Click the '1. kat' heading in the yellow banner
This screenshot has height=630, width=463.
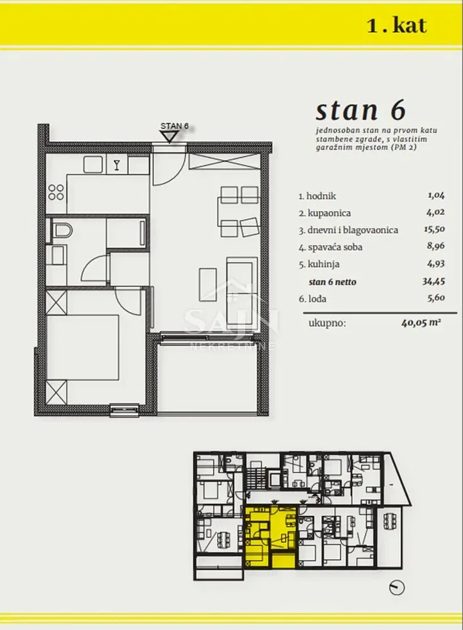396,26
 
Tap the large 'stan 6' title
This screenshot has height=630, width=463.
360,110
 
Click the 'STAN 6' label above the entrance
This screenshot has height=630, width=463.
174,125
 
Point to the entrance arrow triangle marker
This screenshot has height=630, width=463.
170,137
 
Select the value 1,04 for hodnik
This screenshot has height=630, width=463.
436,196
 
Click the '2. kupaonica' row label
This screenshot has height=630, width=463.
325,213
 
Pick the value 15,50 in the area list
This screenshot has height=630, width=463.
434,229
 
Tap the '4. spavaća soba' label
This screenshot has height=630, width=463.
330,247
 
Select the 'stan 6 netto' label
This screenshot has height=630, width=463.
332,282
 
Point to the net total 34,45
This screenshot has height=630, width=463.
433,281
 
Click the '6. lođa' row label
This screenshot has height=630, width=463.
312,299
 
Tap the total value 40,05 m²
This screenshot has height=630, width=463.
421,321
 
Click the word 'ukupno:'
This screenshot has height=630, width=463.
327,323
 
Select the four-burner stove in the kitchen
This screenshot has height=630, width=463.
56,192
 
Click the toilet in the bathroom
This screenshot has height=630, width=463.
62,230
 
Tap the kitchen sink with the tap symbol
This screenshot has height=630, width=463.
116,164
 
